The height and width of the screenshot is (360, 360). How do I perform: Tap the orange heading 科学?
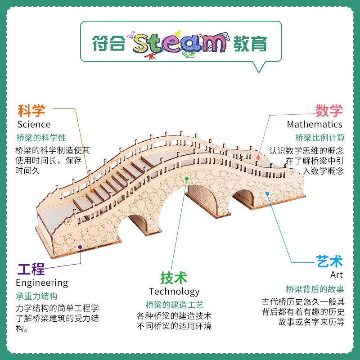(x=31, y=110)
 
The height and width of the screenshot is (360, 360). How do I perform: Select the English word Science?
(x=34, y=124)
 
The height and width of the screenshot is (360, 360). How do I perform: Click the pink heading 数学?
(x=329, y=110)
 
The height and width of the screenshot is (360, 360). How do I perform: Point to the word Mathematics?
(x=315, y=124)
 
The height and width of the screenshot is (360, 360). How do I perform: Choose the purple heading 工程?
(x=31, y=270)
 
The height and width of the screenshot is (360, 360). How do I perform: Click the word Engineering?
(x=42, y=283)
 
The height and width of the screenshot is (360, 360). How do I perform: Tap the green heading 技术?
(x=174, y=278)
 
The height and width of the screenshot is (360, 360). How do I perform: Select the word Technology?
(x=174, y=292)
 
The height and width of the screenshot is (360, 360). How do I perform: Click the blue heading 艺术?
(x=329, y=261)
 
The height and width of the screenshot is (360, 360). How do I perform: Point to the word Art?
(x=336, y=274)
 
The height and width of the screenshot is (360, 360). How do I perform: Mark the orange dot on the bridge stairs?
(x=91, y=191)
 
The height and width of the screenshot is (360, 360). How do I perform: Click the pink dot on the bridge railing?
(x=258, y=158)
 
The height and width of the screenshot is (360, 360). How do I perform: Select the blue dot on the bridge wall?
(x=267, y=193)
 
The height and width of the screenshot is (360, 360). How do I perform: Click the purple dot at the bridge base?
(x=81, y=247)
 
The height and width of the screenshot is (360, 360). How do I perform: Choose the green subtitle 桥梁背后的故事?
(x=315, y=289)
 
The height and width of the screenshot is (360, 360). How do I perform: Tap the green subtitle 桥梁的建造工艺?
(x=175, y=305)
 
